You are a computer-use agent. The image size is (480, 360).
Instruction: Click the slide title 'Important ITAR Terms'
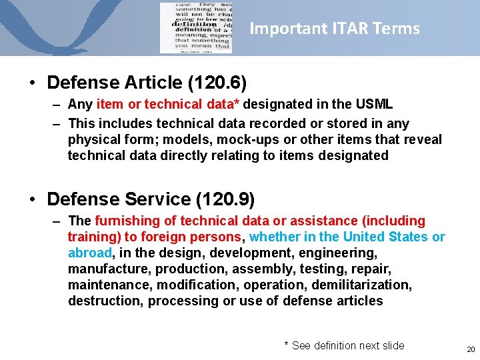(334, 29)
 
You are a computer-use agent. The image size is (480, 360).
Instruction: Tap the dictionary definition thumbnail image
(195, 28)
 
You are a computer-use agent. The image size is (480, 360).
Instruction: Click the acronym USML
(375, 105)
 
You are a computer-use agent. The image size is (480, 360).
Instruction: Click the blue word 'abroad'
(90, 253)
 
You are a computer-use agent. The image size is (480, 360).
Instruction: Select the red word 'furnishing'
(128, 221)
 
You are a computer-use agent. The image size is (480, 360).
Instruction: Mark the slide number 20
(471, 349)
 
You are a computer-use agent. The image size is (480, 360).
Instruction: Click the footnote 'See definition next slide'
(348, 345)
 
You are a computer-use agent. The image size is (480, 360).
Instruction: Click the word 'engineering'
(339, 253)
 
